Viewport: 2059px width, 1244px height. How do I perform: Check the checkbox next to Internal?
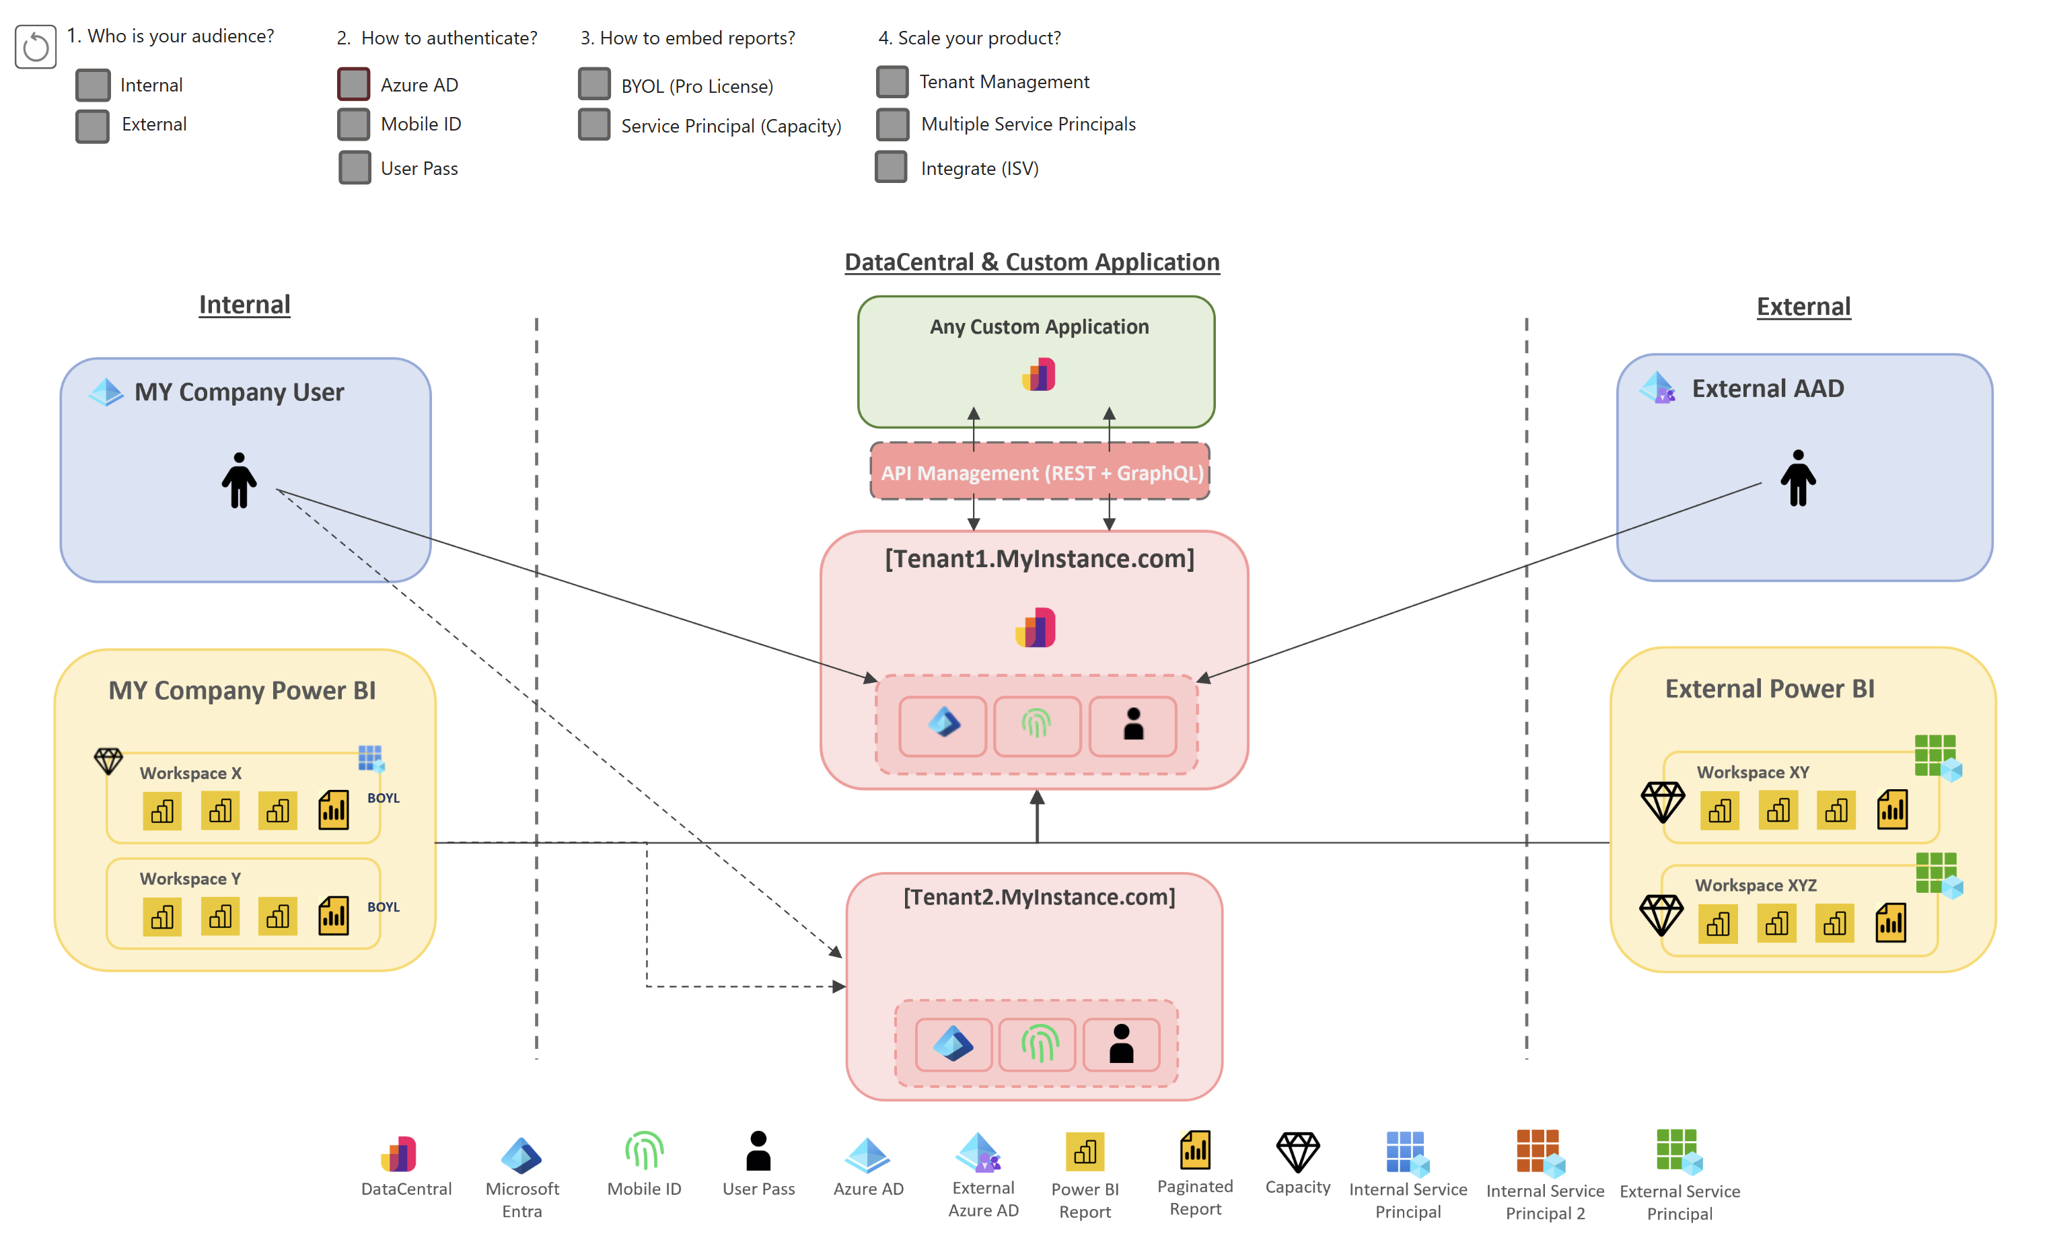[93, 84]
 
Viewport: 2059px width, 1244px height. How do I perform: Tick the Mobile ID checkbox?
[353, 124]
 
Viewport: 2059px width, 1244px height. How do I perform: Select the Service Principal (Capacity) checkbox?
[594, 125]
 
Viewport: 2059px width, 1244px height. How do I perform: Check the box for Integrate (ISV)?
[891, 167]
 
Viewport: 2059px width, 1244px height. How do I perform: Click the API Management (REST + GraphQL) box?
[1040, 473]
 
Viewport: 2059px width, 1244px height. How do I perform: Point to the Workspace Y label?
[190, 879]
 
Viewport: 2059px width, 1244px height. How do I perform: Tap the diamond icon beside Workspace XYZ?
[1661, 915]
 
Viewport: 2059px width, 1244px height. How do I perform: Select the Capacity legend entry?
[1297, 1163]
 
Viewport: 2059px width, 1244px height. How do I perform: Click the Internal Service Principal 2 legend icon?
[1540, 1153]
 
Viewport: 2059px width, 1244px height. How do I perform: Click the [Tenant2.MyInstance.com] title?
[1039, 898]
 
